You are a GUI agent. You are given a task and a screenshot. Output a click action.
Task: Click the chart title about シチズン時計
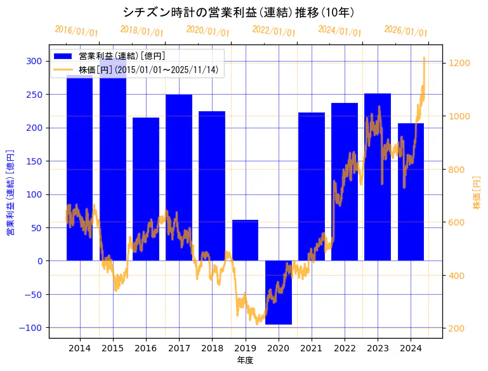[x=238, y=12]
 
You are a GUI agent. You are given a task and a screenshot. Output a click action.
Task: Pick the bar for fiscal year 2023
[x=378, y=178]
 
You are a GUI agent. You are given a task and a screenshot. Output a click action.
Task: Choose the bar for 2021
[x=312, y=187]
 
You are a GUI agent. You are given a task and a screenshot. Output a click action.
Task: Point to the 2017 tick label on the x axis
[x=179, y=348]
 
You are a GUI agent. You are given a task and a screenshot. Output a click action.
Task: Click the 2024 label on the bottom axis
[x=411, y=348]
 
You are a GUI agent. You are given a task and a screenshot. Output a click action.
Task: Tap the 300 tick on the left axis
[x=34, y=61]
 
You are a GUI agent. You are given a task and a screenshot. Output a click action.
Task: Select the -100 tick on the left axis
[x=32, y=328]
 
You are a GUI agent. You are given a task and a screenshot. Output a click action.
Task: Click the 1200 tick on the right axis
[x=459, y=63]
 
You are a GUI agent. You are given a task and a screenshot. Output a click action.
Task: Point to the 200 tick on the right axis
[x=457, y=328]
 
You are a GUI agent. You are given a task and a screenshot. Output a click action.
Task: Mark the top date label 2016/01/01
[x=77, y=30]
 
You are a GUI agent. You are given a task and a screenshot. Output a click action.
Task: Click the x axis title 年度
[x=245, y=360]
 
